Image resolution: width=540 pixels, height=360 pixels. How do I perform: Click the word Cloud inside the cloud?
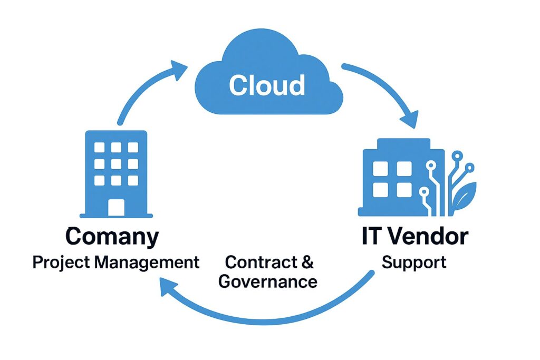coord(267,85)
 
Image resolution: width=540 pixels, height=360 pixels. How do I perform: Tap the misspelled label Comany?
coord(112,237)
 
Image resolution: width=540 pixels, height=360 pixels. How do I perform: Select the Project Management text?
coord(116,262)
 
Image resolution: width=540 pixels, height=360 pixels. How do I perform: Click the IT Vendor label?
coord(414,237)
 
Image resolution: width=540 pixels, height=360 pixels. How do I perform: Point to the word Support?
coord(414,262)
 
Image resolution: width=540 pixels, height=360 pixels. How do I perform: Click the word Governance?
coord(268,281)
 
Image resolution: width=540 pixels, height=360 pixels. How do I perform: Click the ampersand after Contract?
coord(308,262)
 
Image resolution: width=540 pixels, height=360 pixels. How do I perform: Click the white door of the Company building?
coord(116,207)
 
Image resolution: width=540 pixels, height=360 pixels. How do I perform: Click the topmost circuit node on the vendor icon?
coord(457,155)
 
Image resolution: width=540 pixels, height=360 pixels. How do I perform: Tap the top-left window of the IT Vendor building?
coord(381,168)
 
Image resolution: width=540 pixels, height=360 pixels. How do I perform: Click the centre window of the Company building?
coord(116,164)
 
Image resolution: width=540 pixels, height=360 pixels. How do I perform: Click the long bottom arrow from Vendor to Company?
coord(274,316)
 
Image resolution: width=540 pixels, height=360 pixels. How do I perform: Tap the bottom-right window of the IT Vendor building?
coord(404,189)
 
